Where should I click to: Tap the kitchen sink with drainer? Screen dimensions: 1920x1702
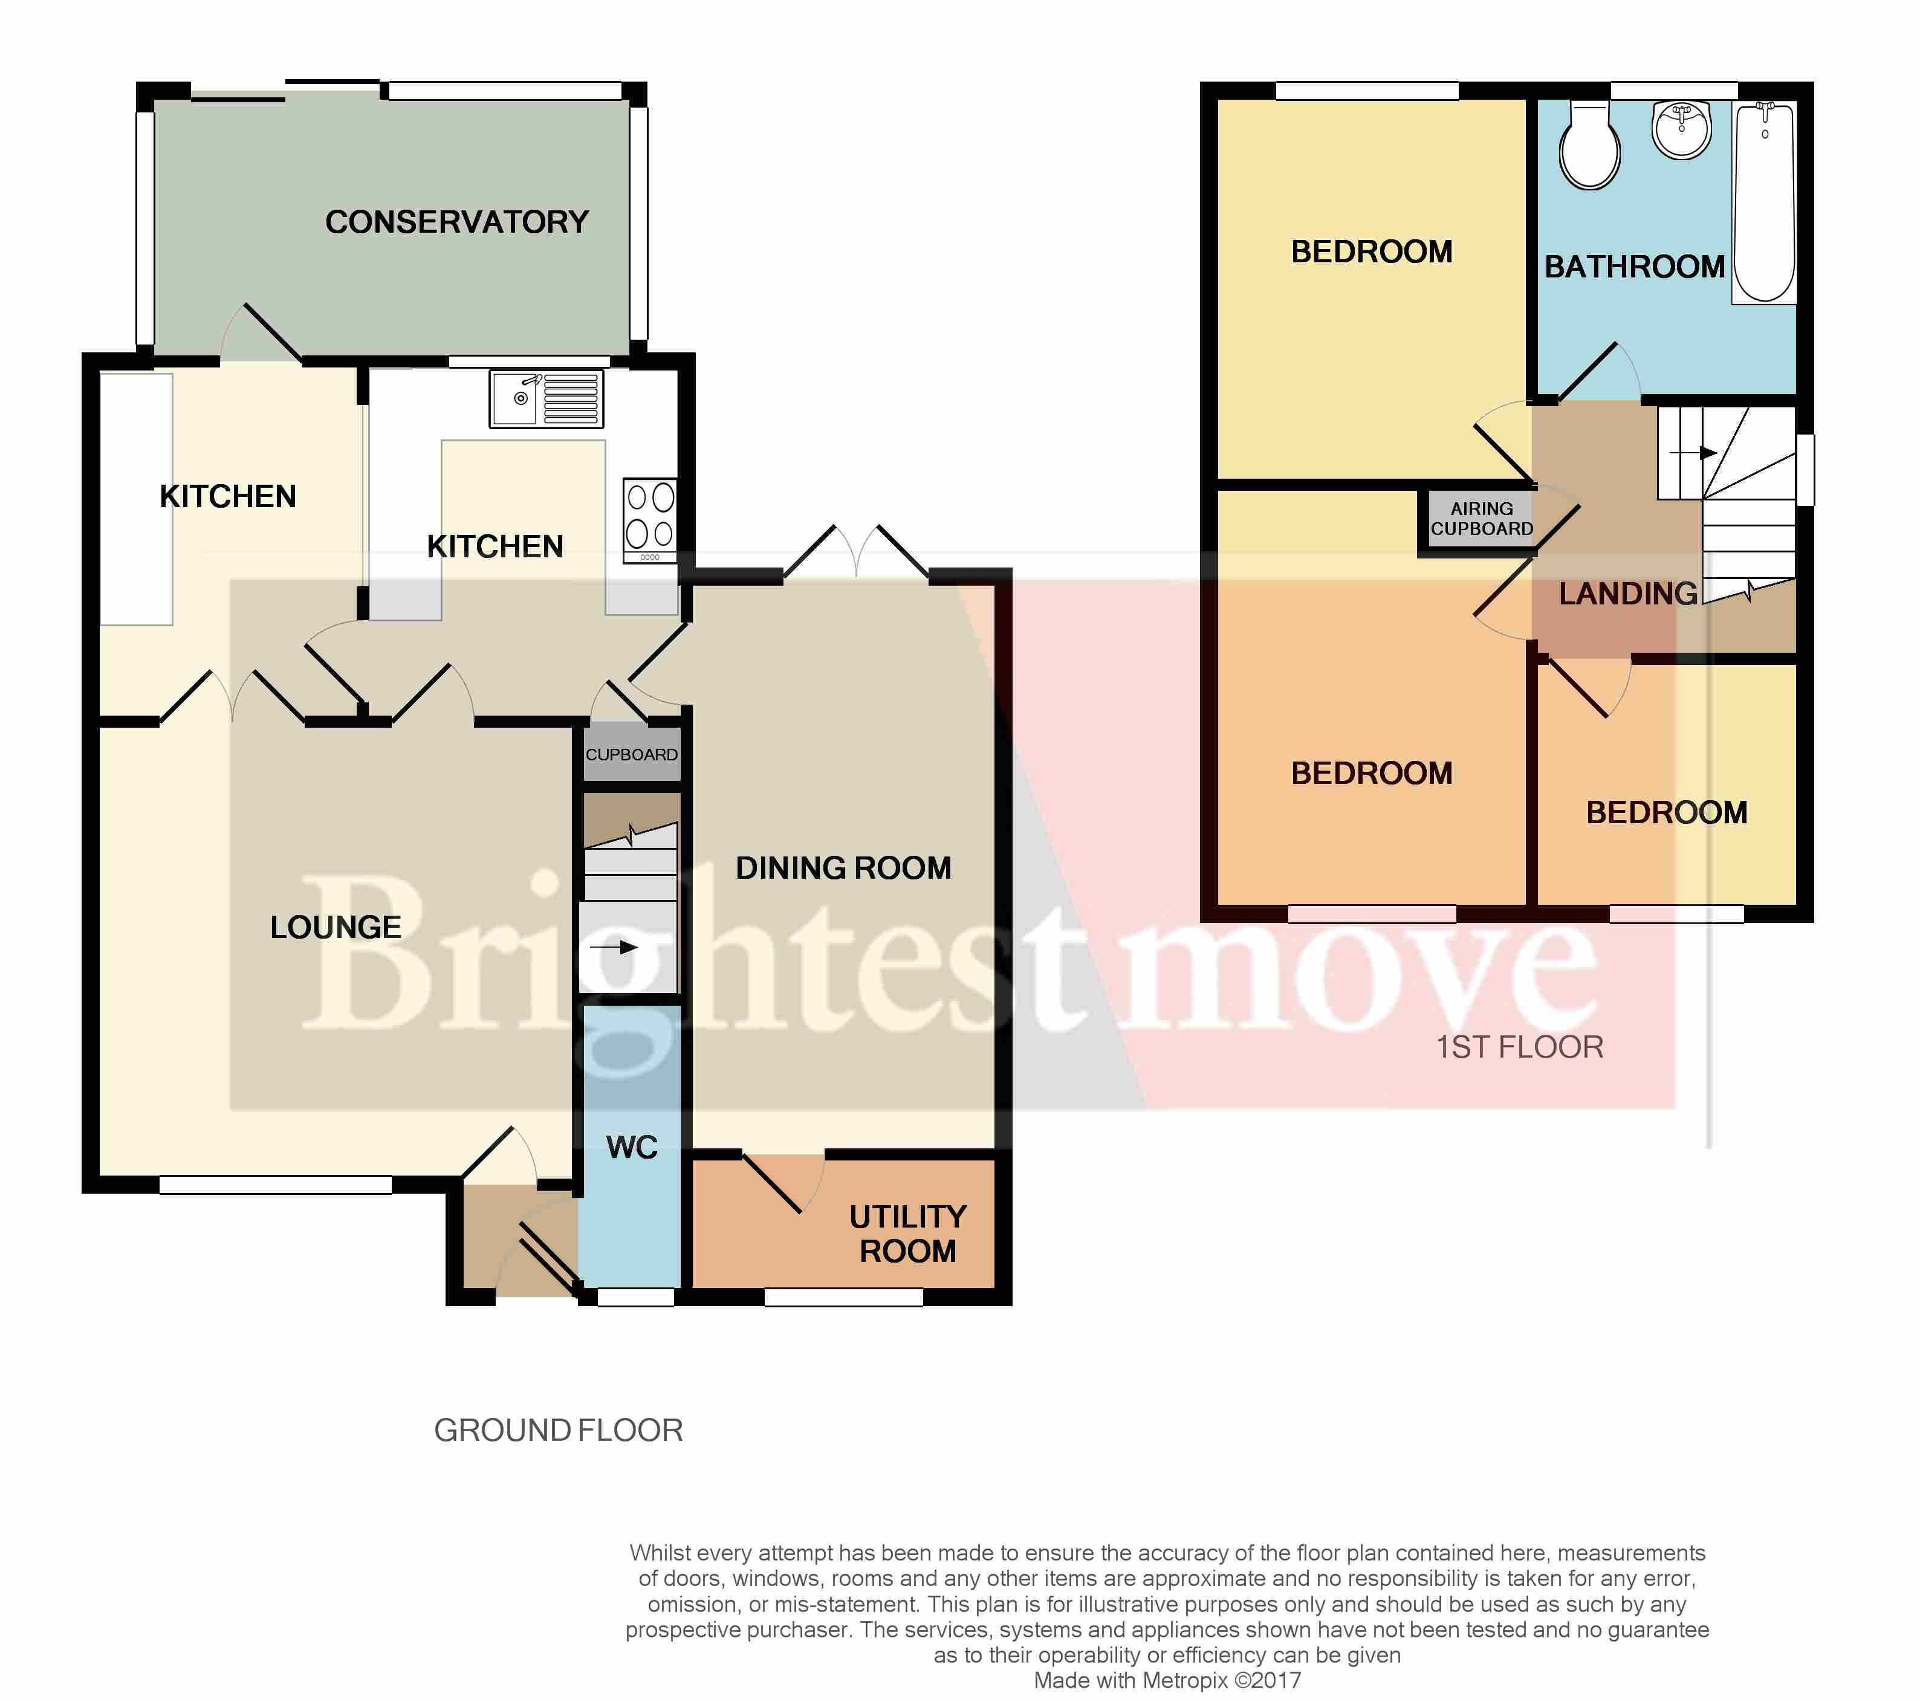point(546,398)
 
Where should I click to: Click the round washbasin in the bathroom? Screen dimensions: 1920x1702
point(1681,129)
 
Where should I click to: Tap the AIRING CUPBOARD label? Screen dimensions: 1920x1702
point(1481,519)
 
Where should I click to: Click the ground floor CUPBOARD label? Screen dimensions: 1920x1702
point(631,754)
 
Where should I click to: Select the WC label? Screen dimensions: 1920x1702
point(631,1147)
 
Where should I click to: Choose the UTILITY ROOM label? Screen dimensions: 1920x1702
point(907,1234)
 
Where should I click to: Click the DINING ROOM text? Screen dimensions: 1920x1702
point(843,868)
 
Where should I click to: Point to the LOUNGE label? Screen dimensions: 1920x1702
point(336,927)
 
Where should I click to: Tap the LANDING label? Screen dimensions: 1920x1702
point(1628,594)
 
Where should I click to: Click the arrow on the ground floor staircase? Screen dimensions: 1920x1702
point(614,947)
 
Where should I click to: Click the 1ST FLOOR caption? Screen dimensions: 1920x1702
point(1520,1047)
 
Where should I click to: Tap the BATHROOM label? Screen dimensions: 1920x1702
point(1635,267)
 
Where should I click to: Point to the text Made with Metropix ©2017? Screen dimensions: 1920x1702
point(1167,1680)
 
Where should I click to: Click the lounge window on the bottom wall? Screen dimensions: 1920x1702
point(275,1185)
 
